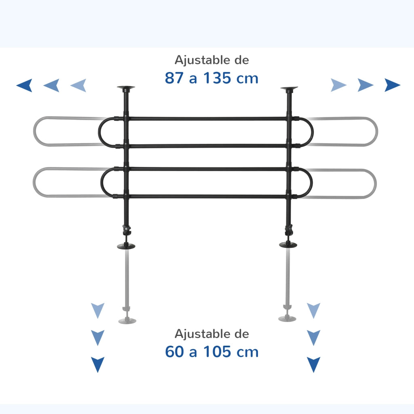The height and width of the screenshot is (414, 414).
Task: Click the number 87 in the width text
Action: (174, 78)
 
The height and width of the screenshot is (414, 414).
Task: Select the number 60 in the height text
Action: (174, 352)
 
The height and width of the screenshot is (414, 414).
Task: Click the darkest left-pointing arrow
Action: (24, 85)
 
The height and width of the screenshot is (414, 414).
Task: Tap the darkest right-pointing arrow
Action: (392, 85)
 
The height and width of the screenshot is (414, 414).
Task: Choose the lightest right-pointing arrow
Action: (338, 85)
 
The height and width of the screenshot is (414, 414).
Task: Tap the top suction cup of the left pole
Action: (126, 88)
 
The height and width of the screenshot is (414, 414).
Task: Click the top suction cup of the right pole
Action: (289, 88)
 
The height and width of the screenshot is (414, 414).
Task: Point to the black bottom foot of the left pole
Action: (126, 246)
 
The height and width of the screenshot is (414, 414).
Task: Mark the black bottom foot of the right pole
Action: (288, 245)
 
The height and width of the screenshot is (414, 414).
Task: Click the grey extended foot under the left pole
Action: (127, 321)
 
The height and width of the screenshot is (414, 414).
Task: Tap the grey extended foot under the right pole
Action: (287, 319)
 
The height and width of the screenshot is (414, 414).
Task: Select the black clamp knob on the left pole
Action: (127, 230)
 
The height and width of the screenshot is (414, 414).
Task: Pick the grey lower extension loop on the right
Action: (376, 184)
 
